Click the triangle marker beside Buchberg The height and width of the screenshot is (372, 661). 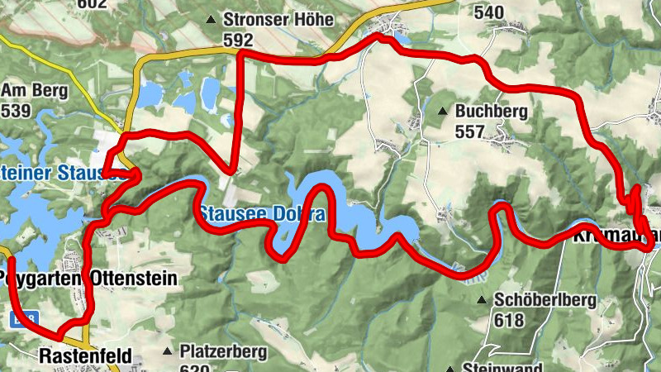coord(444,111)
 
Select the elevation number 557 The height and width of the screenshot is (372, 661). coord(470,131)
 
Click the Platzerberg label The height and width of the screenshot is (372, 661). coord(223,351)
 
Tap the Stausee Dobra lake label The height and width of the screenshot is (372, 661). coord(261,214)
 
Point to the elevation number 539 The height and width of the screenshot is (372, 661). coord(17,110)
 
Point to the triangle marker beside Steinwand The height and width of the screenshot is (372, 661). coord(452,368)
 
